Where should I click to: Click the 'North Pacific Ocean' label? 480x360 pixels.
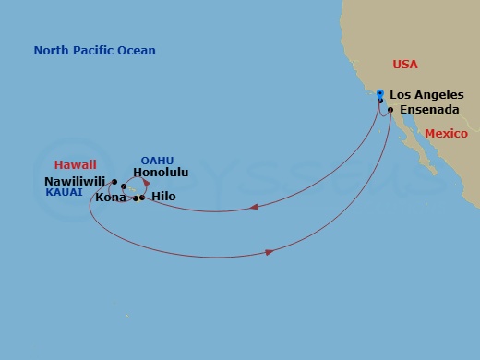pyautogui.click(x=94, y=51)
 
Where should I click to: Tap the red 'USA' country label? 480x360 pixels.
pyautogui.click(x=404, y=65)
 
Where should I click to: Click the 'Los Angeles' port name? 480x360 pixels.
pyautogui.click(x=426, y=94)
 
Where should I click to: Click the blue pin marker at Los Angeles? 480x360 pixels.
pyautogui.click(x=380, y=93)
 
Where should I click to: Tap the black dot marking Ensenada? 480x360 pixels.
pyautogui.click(x=390, y=111)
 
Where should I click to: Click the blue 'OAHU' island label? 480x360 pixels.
pyautogui.click(x=157, y=160)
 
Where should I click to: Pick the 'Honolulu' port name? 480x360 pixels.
pyautogui.click(x=161, y=173)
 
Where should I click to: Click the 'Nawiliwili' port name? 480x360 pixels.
pyautogui.click(x=75, y=182)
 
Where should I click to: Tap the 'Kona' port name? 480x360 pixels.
pyautogui.click(x=112, y=198)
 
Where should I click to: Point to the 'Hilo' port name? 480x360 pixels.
pyautogui.click(x=163, y=197)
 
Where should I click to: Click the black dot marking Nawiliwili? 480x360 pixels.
pyautogui.click(x=114, y=182)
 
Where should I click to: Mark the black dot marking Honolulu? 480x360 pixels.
pyautogui.click(x=124, y=186)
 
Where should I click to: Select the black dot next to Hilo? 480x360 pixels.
pyautogui.click(x=139, y=198)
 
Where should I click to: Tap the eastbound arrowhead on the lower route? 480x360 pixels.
pyautogui.click(x=269, y=250)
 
